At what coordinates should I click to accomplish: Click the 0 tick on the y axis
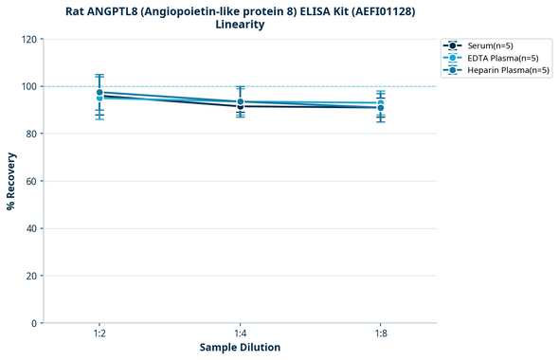[x=34, y=323]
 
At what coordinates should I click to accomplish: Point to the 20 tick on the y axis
[x=31, y=276]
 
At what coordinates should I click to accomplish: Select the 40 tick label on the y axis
[x=31, y=228]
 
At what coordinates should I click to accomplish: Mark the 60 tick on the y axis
[x=31, y=181]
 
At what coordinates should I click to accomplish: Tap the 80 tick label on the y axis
[x=31, y=134]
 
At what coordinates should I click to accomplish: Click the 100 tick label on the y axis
[x=28, y=86]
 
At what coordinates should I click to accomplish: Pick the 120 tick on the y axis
[x=28, y=39]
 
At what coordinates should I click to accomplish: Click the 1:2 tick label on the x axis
[x=99, y=334]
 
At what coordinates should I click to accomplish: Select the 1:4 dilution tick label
[x=240, y=334]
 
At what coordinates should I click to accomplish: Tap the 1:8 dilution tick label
[x=380, y=334]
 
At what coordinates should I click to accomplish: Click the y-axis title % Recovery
[x=11, y=181]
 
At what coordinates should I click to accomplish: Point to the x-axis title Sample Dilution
[x=240, y=348]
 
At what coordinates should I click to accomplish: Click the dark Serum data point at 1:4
[x=240, y=106]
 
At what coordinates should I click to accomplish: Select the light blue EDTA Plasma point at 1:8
[x=380, y=103]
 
